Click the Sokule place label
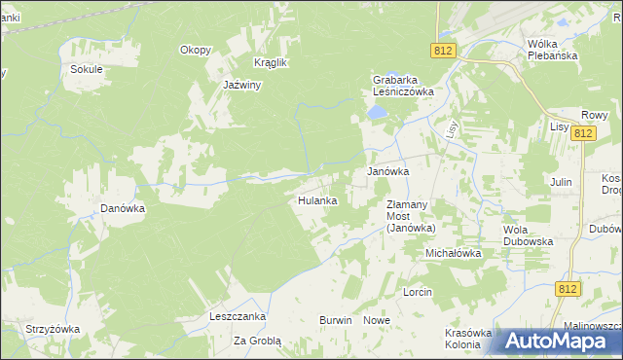(x=86, y=70)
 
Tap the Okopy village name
(x=195, y=50)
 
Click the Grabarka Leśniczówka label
(x=403, y=86)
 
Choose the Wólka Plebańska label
(x=553, y=50)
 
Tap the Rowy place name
(x=594, y=114)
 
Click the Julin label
(x=560, y=182)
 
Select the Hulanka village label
(x=317, y=200)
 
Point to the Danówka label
(x=123, y=208)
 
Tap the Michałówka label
(x=453, y=253)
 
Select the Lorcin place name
(x=417, y=292)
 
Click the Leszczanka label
(x=238, y=317)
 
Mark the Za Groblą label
(x=257, y=342)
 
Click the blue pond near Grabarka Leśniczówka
(x=377, y=114)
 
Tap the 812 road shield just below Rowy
(x=583, y=132)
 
